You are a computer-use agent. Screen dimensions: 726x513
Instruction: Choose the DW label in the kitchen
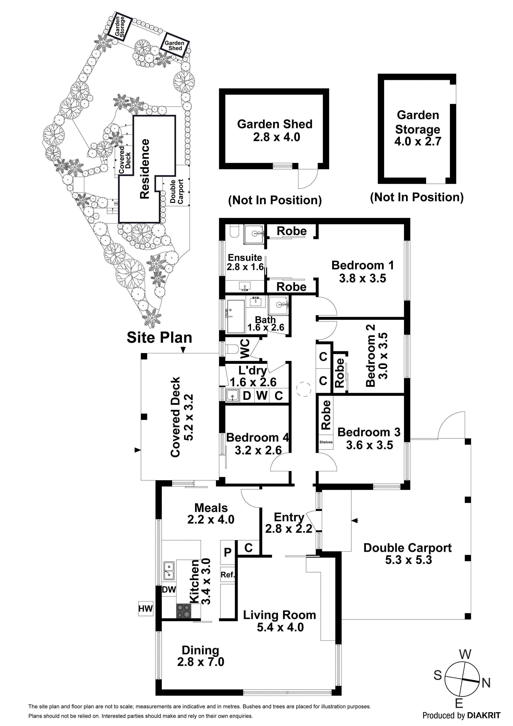pyautogui.click(x=169, y=589)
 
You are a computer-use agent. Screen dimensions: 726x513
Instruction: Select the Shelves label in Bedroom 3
pyautogui.click(x=326, y=442)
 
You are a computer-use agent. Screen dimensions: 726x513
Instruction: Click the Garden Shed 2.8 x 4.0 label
pyautogui.click(x=275, y=130)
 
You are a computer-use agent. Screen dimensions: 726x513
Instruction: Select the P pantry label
pyautogui.click(x=228, y=552)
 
